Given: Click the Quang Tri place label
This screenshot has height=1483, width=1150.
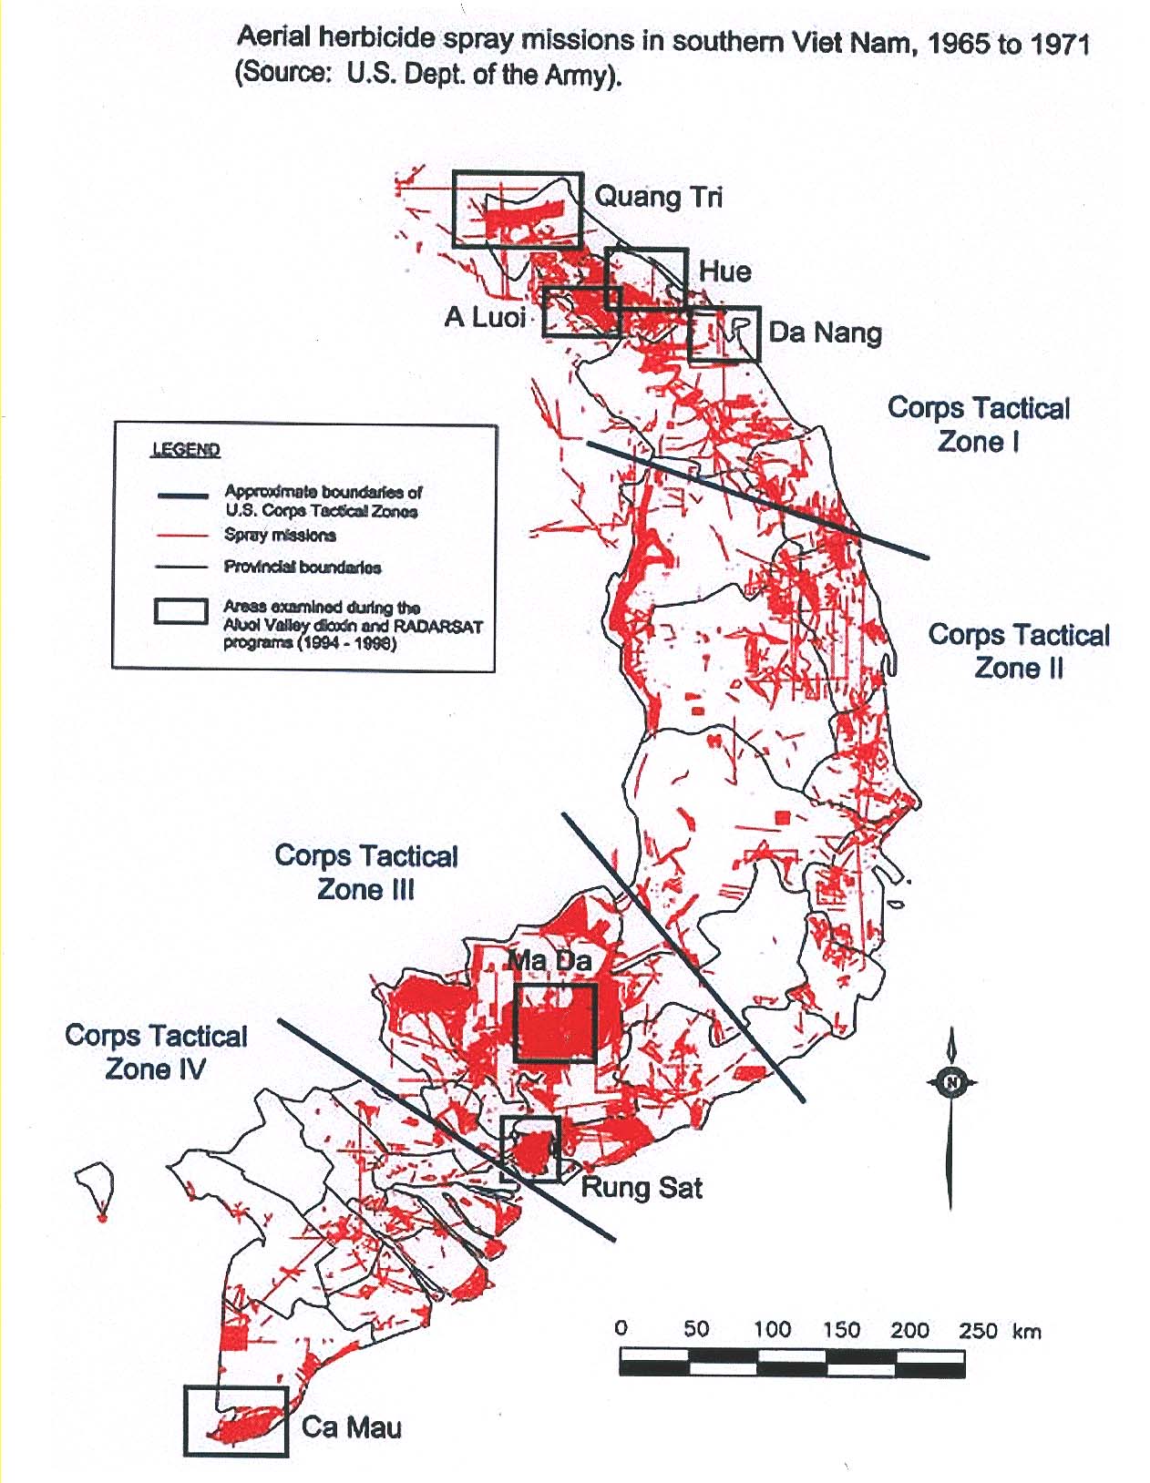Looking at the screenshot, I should tap(658, 198).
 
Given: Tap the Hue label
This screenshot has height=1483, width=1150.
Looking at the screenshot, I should tap(724, 271).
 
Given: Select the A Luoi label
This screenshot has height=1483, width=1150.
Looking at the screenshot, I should tap(485, 317).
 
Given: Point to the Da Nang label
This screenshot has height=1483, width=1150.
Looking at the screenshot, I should tap(825, 332).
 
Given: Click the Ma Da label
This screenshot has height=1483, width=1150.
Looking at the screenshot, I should tap(549, 961).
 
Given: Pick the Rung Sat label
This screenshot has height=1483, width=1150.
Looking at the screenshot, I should tap(642, 1188).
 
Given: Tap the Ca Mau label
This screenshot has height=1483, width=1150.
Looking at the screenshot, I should tap(351, 1427).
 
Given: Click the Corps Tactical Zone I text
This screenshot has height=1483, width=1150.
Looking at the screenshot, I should tap(979, 424).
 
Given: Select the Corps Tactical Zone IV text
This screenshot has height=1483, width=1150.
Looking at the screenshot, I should tap(156, 1052).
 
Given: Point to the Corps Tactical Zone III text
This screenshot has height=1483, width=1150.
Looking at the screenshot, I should tap(366, 873).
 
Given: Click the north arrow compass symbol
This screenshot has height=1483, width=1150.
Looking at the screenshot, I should tap(951, 1082).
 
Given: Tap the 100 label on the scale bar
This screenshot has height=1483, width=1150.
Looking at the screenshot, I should tap(771, 1329).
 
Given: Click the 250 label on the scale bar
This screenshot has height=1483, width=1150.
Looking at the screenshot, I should tap(978, 1330).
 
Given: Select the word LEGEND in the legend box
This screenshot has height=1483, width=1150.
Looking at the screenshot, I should tap(186, 450).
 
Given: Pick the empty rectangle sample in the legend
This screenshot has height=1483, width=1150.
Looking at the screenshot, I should tap(180, 610).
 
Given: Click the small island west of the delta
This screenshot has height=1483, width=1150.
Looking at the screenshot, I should tap(97, 1184).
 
